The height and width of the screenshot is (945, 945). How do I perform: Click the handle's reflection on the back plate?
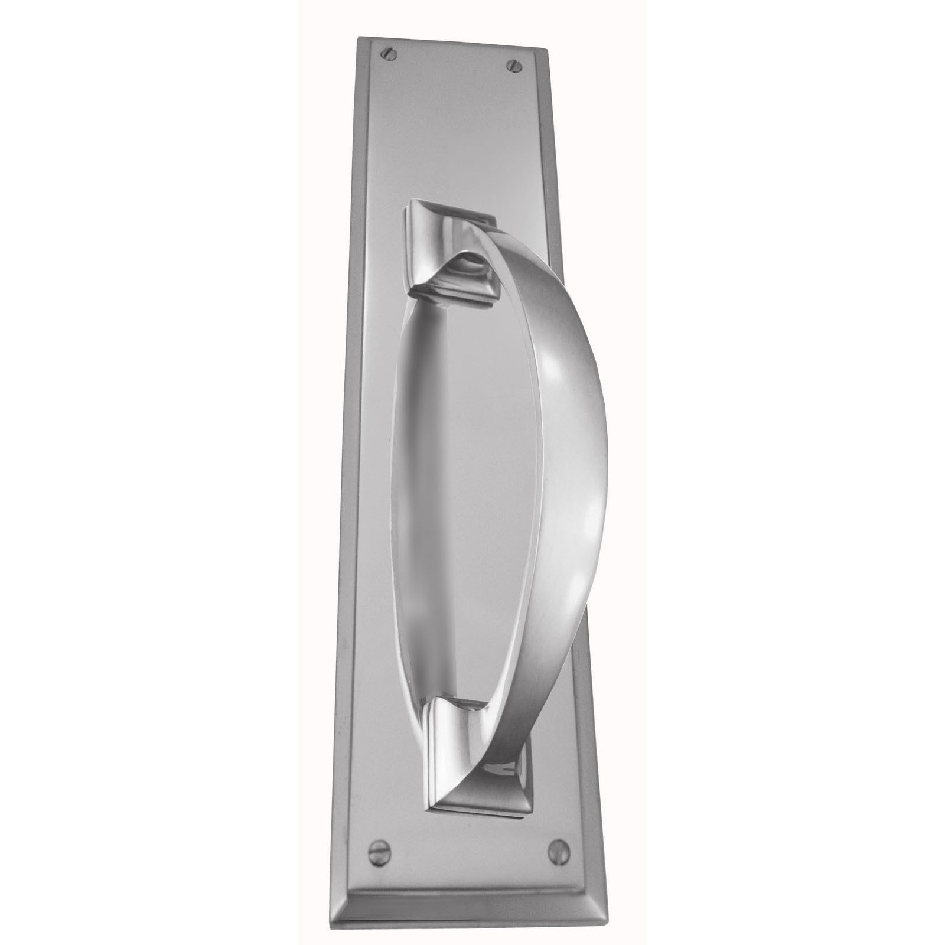[x=413, y=502]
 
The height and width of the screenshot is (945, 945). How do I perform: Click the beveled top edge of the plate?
[x=455, y=45]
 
